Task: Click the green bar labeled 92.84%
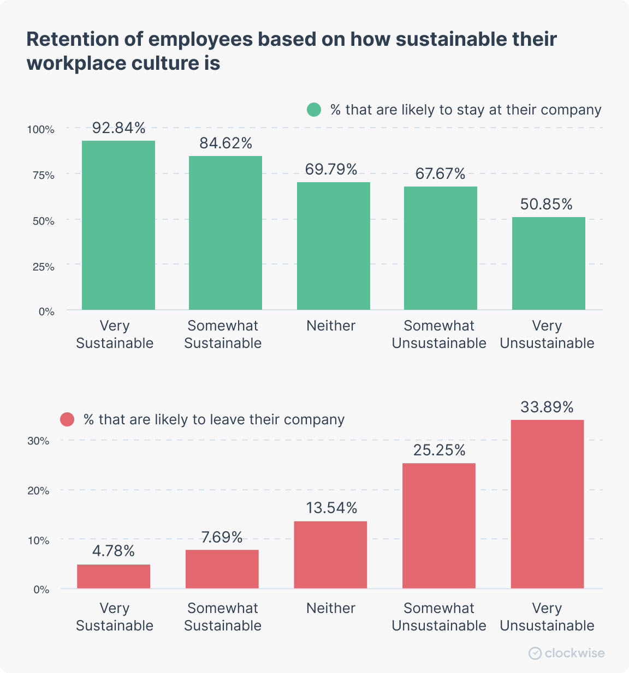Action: coord(118,225)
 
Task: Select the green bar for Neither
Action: coord(334,245)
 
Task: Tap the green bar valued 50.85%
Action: coord(549,263)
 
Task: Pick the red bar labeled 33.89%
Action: coord(547,504)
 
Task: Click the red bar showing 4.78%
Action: coord(114,576)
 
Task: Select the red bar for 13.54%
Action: coord(330,555)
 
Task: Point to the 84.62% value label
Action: coord(226,143)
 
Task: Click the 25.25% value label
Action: coord(439,450)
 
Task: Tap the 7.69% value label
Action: coord(222,537)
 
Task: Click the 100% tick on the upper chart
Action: coord(41,129)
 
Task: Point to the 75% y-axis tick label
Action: coord(44,175)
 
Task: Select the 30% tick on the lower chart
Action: coord(38,441)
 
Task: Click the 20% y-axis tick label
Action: coord(38,491)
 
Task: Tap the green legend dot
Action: coord(314,110)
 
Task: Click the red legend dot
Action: coord(67,419)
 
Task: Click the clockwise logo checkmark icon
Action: coord(535,653)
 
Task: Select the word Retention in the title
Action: coord(72,39)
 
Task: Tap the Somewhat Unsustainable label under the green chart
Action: coord(439,334)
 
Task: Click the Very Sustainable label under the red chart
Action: coord(115,617)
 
